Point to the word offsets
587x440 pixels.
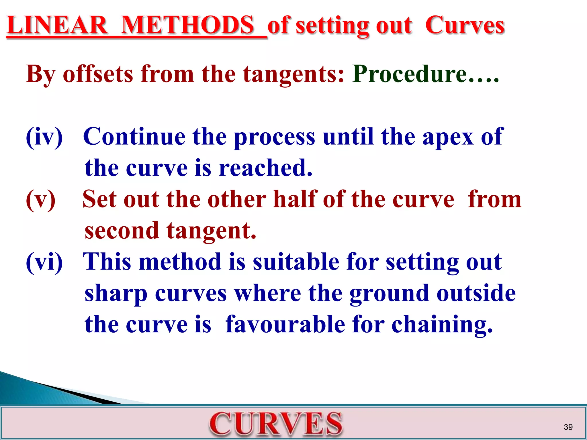point(98,74)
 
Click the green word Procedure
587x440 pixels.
point(410,74)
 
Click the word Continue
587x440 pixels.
point(134,137)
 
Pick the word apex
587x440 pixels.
point(448,137)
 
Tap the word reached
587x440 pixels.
point(265,168)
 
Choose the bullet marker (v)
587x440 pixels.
point(41,199)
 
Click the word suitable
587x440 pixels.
point(296,262)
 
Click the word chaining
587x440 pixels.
point(442,325)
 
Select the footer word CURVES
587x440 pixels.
point(276,424)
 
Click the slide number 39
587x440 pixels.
point(568,427)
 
